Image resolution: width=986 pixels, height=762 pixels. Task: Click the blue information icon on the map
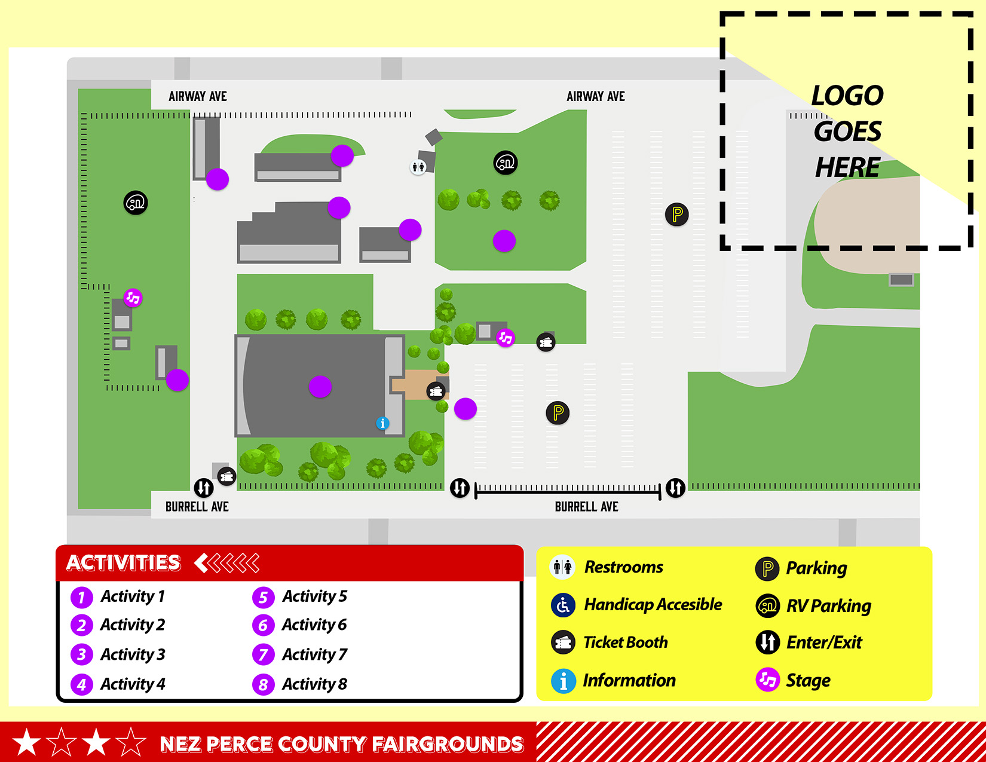click(382, 423)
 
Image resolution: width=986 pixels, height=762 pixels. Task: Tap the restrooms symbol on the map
click(418, 167)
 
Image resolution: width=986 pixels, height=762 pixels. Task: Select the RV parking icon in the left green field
click(136, 203)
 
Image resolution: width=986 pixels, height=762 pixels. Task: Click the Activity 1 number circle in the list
click(82, 597)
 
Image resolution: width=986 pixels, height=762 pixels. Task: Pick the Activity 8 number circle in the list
click(263, 684)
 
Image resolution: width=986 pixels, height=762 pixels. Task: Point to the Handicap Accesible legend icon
click(563, 605)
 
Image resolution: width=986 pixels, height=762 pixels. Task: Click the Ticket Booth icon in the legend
click(563, 642)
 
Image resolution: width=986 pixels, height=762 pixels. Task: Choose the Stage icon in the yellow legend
click(767, 680)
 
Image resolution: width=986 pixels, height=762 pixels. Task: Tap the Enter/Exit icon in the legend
click(767, 642)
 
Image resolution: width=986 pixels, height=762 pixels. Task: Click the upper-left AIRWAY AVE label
click(198, 97)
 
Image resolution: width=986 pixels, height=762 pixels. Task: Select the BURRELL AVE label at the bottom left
click(197, 507)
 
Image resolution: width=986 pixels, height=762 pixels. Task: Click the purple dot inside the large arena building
click(320, 387)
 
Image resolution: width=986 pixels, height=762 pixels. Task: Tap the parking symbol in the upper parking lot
click(676, 214)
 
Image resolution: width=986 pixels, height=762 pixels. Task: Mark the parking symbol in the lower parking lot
click(558, 412)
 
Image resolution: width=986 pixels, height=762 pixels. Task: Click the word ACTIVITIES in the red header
click(124, 563)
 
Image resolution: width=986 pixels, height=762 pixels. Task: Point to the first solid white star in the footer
click(27, 742)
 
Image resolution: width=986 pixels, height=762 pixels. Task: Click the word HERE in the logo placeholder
click(847, 167)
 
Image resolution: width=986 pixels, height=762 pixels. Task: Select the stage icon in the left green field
click(133, 297)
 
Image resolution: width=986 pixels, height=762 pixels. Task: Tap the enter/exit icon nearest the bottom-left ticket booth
click(204, 488)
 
